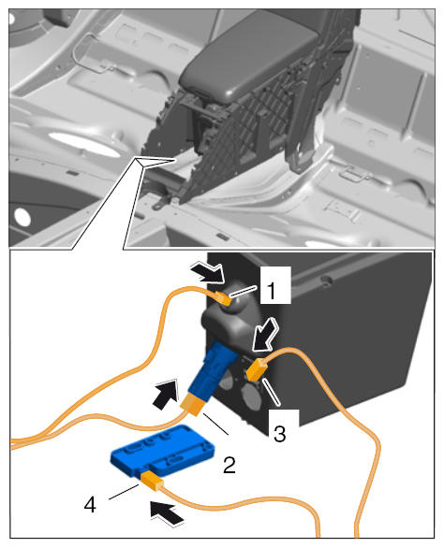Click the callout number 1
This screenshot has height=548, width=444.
tap(272, 290)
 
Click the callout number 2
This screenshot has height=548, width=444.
tap(229, 465)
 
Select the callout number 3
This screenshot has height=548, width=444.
tap(279, 434)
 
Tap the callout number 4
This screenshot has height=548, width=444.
tap(90, 505)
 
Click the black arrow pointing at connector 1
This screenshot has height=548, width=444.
tap(208, 271)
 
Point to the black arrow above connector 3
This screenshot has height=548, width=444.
tap(265, 335)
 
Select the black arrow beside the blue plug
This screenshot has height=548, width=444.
tap(166, 395)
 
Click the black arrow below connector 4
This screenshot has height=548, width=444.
tap(168, 513)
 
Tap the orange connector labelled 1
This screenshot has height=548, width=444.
tap(223, 298)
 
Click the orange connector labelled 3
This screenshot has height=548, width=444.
tap(257, 369)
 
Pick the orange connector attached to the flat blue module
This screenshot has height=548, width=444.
tap(152, 481)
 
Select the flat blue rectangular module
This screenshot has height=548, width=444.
tap(163, 450)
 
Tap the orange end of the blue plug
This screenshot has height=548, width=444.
tap(194, 404)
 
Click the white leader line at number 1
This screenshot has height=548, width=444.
tap(244, 292)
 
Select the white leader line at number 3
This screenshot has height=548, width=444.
tap(272, 392)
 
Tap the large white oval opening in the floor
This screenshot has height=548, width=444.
tap(83, 143)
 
